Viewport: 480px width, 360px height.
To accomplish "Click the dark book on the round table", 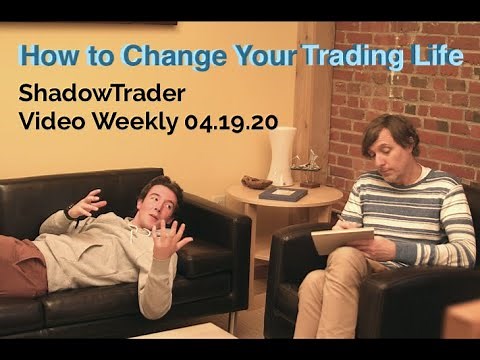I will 283,194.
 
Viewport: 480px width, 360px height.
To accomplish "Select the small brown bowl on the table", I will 256,183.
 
